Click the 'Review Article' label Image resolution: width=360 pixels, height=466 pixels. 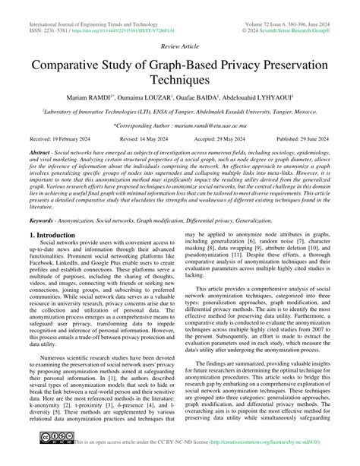(180, 46)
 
